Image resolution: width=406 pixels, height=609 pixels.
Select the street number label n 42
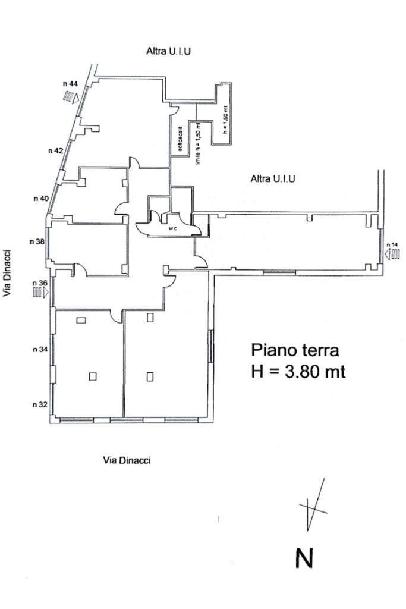coord(56,150)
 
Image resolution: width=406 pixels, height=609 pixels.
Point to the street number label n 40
coord(40,198)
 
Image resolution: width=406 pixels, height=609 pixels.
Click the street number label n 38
coord(37,241)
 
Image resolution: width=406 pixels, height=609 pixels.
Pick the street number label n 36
coord(39,282)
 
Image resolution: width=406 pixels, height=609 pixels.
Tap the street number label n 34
coord(40,350)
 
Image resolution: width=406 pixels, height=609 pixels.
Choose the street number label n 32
coord(40,404)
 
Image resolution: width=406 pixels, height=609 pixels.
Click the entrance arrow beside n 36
coord(40,293)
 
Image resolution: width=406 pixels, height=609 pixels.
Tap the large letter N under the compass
coord(304,558)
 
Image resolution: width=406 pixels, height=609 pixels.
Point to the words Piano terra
coord(295,349)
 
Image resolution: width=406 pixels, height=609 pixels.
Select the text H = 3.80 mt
coord(298,372)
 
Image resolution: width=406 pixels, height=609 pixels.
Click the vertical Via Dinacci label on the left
coord(9,274)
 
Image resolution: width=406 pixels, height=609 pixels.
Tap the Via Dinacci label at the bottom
coord(127,459)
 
